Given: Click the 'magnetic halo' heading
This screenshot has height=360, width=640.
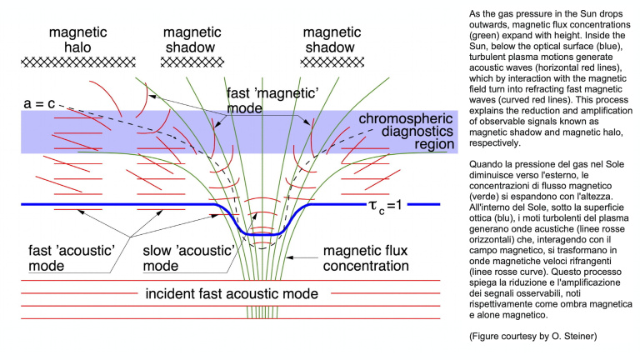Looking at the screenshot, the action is point(78,40).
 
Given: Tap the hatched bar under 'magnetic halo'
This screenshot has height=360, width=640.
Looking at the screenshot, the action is point(78,62).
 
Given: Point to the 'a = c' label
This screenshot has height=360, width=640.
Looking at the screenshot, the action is point(39,103).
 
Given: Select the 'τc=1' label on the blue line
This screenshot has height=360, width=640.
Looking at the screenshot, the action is point(385,205).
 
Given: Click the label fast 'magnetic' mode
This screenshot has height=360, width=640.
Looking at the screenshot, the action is point(272,100).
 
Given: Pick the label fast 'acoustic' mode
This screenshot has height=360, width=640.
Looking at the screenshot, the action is point(72,258).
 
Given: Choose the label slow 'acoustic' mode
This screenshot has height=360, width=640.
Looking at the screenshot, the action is point(188,258).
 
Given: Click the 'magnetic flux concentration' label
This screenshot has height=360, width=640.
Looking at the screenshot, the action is point(366,258).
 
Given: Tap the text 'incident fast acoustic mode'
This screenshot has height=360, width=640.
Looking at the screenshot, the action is point(232,293).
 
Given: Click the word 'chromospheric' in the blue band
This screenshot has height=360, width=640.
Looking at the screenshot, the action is point(406,119).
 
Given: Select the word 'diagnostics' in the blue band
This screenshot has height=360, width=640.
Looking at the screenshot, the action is point(417,132).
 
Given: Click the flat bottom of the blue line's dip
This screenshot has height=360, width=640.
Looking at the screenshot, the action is point(262,234).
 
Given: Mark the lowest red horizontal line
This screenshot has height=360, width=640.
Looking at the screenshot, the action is point(231,318).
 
